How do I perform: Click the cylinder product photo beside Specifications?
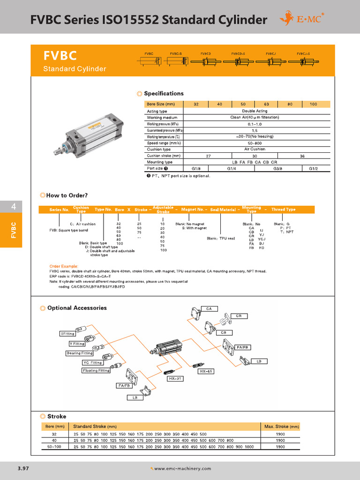click(x=89, y=133)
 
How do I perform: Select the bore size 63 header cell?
click(x=266, y=104)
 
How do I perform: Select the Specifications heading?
click(x=164, y=94)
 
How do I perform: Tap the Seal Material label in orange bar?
click(x=223, y=210)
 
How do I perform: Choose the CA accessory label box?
click(x=209, y=308)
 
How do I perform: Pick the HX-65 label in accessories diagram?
click(x=206, y=371)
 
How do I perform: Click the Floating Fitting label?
click(x=96, y=370)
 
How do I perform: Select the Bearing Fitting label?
click(x=80, y=353)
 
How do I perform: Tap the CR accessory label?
click(x=239, y=316)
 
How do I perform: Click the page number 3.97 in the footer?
click(x=23, y=468)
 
